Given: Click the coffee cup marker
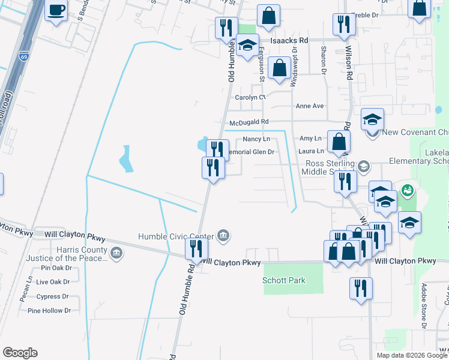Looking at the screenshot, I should tap(56, 11).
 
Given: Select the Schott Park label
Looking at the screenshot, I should tap(284, 280).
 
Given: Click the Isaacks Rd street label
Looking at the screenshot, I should tap(289, 40).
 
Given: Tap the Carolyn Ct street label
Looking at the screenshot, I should tap(250, 97).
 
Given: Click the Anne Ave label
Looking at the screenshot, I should tap(310, 106).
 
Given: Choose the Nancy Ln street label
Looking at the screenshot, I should tap(256, 139).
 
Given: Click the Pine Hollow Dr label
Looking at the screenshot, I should tap(49, 311).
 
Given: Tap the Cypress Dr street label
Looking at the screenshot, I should tap(56, 296).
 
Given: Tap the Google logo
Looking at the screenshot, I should tap(20, 353).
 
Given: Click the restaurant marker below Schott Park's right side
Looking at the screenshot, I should tap(361, 288).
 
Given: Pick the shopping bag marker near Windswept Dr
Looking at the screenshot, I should tap(279, 68).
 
